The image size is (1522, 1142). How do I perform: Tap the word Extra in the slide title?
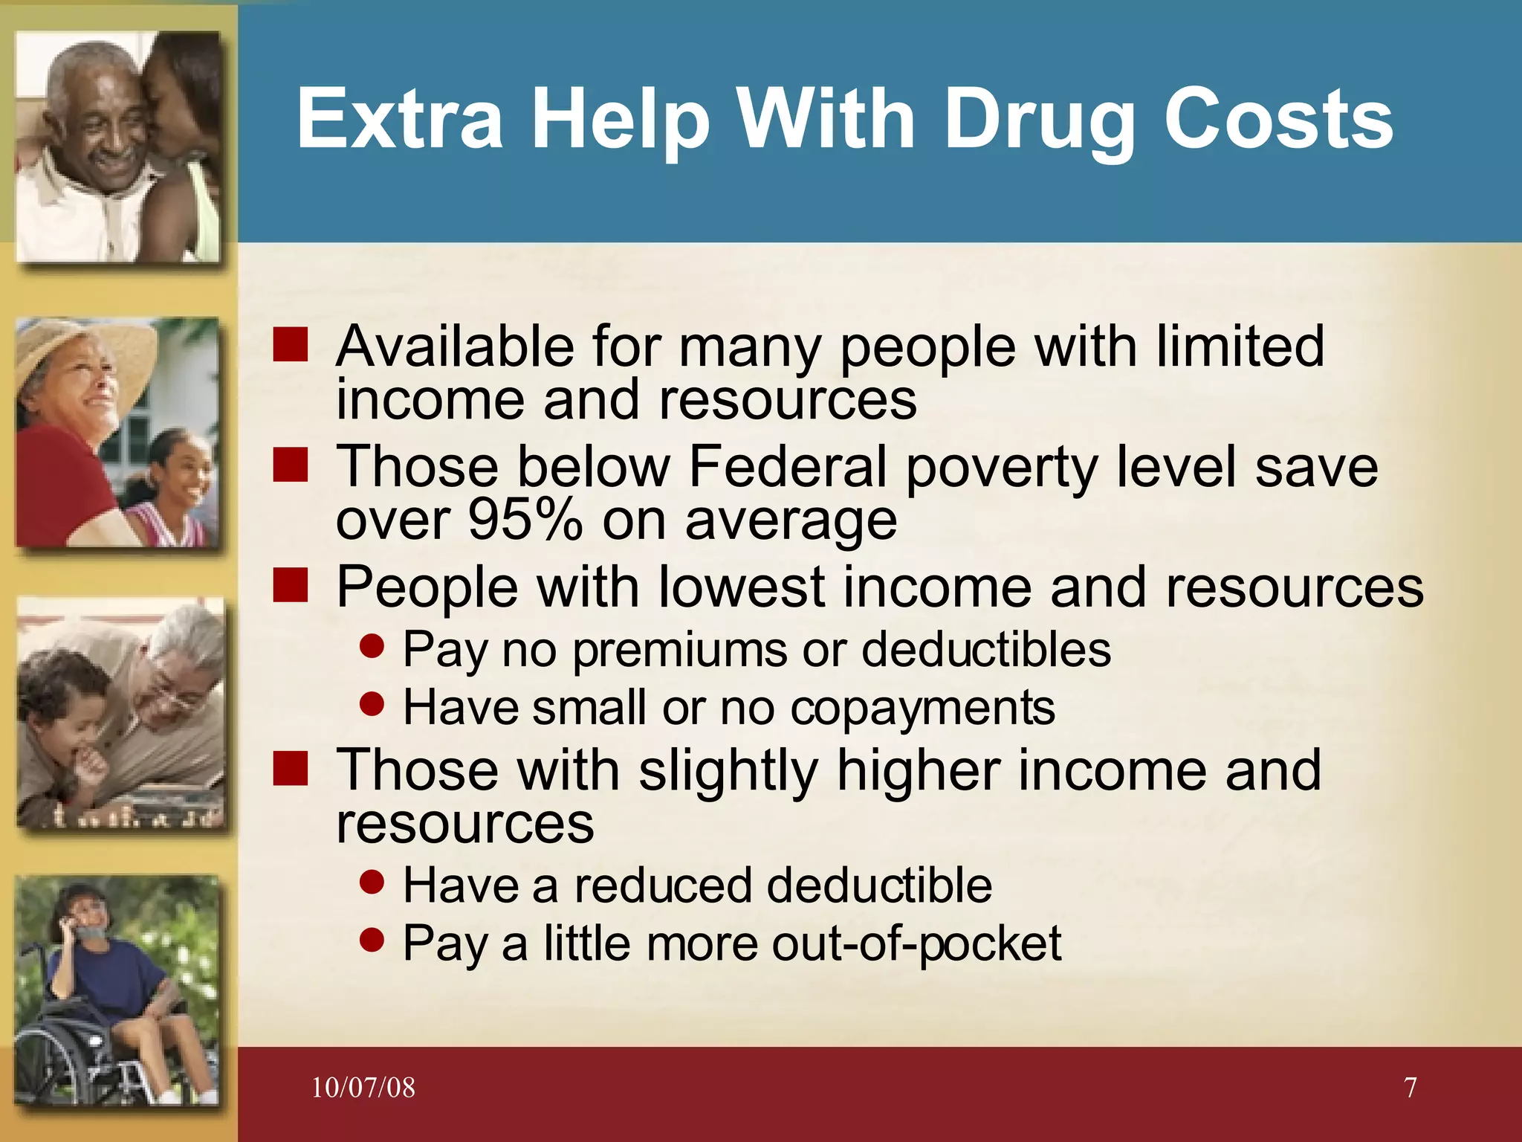(x=400, y=119)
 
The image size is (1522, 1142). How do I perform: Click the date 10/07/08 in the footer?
(x=363, y=1088)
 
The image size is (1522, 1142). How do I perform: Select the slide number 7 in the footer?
(x=1410, y=1088)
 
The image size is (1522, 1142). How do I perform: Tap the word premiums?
(x=678, y=649)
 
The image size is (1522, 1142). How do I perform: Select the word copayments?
(x=922, y=707)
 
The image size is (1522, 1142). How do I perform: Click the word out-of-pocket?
(x=916, y=943)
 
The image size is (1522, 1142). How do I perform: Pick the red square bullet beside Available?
(x=290, y=346)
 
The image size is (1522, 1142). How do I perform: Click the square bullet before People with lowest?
(x=290, y=586)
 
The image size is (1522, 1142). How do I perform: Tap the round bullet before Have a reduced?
(x=372, y=883)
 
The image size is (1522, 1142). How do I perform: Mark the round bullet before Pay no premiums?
(x=372, y=646)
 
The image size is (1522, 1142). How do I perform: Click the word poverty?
(x=1001, y=466)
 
